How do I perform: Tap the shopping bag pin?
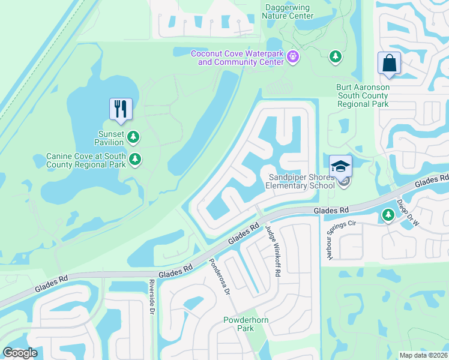pyautogui.click(x=389, y=64)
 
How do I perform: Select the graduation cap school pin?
pyautogui.click(x=340, y=166)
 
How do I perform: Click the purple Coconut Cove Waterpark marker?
pyautogui.click(x=293, y=57)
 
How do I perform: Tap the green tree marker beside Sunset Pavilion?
pyautogui.click(x=133, y=137)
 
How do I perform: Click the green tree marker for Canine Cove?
pyautogui.click(x=136, y=159)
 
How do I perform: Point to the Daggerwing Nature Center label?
pyautogui.click(x=289, y=11)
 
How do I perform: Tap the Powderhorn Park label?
pyautogui.click(x=247, y=324)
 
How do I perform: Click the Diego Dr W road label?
pyautogui.click(x=408, y=213)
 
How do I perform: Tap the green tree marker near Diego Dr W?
pyautogui.click(x=388, y=215)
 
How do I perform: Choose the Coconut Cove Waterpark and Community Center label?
pyautogui.click(x=237, y=58)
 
